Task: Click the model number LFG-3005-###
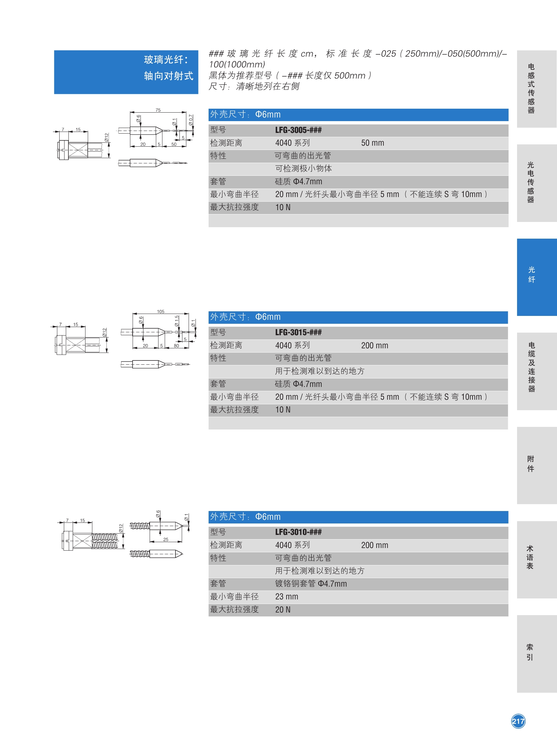298,130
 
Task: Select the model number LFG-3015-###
298,332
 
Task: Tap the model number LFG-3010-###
298,532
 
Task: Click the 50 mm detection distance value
373,143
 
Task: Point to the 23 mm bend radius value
287,597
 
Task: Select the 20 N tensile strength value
283,610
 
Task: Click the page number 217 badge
518,721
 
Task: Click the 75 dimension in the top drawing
158,110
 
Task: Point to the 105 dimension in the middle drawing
160,311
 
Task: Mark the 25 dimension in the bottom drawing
166,539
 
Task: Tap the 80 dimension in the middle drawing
176,345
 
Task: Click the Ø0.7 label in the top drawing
191,120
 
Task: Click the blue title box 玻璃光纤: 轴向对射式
126,72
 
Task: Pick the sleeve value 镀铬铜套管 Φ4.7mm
310,584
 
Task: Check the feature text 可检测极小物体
304,169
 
